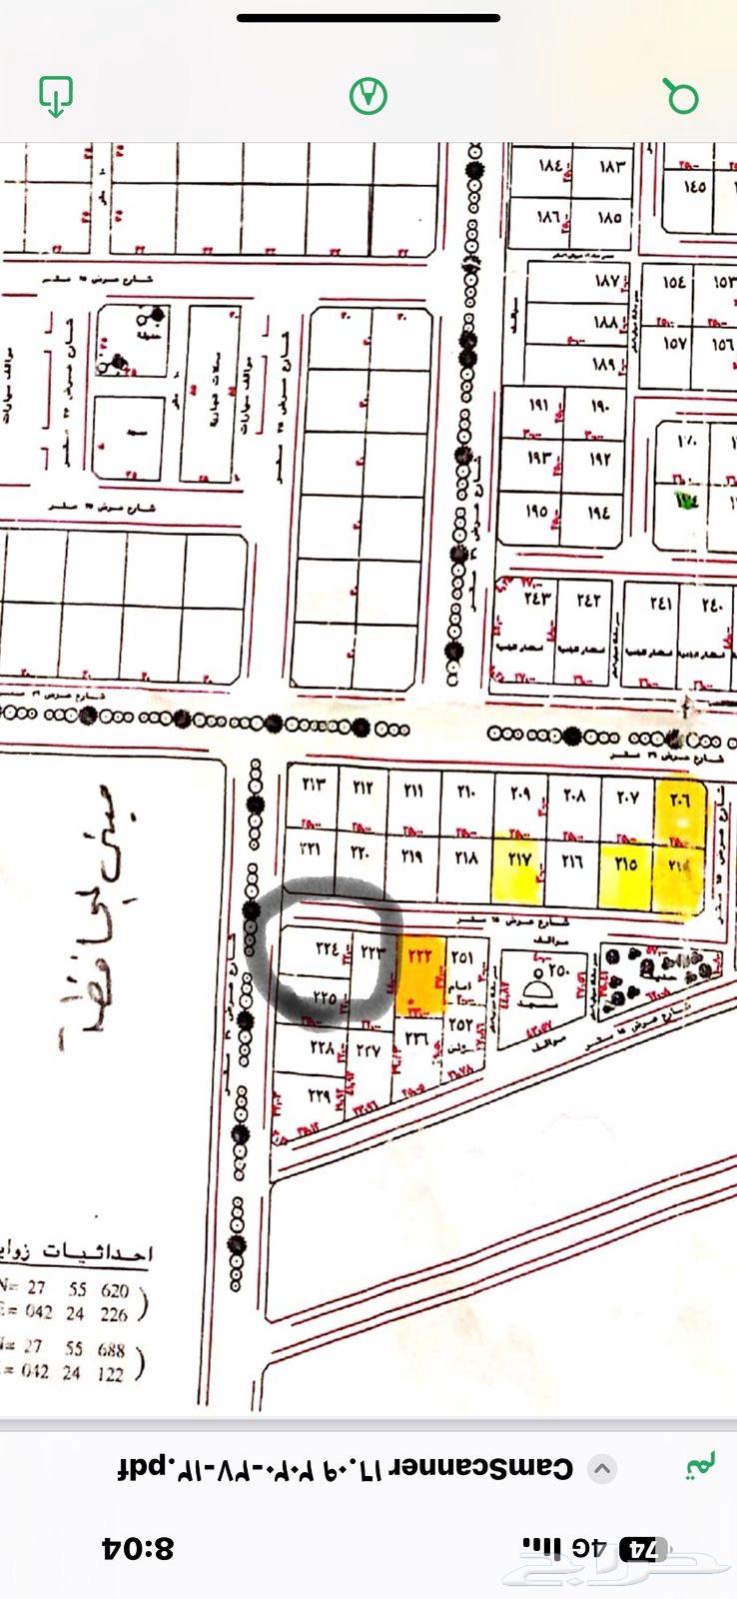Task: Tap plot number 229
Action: [319, 1095]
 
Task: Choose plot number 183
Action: [611, 166]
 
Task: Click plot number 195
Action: [536, 512]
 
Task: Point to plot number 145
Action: [695, 187]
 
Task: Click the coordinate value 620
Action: [113, 1290]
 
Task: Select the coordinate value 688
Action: [111, 1349]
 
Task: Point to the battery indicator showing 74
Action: [643, 1549]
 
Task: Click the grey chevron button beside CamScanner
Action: [601, 1469]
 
